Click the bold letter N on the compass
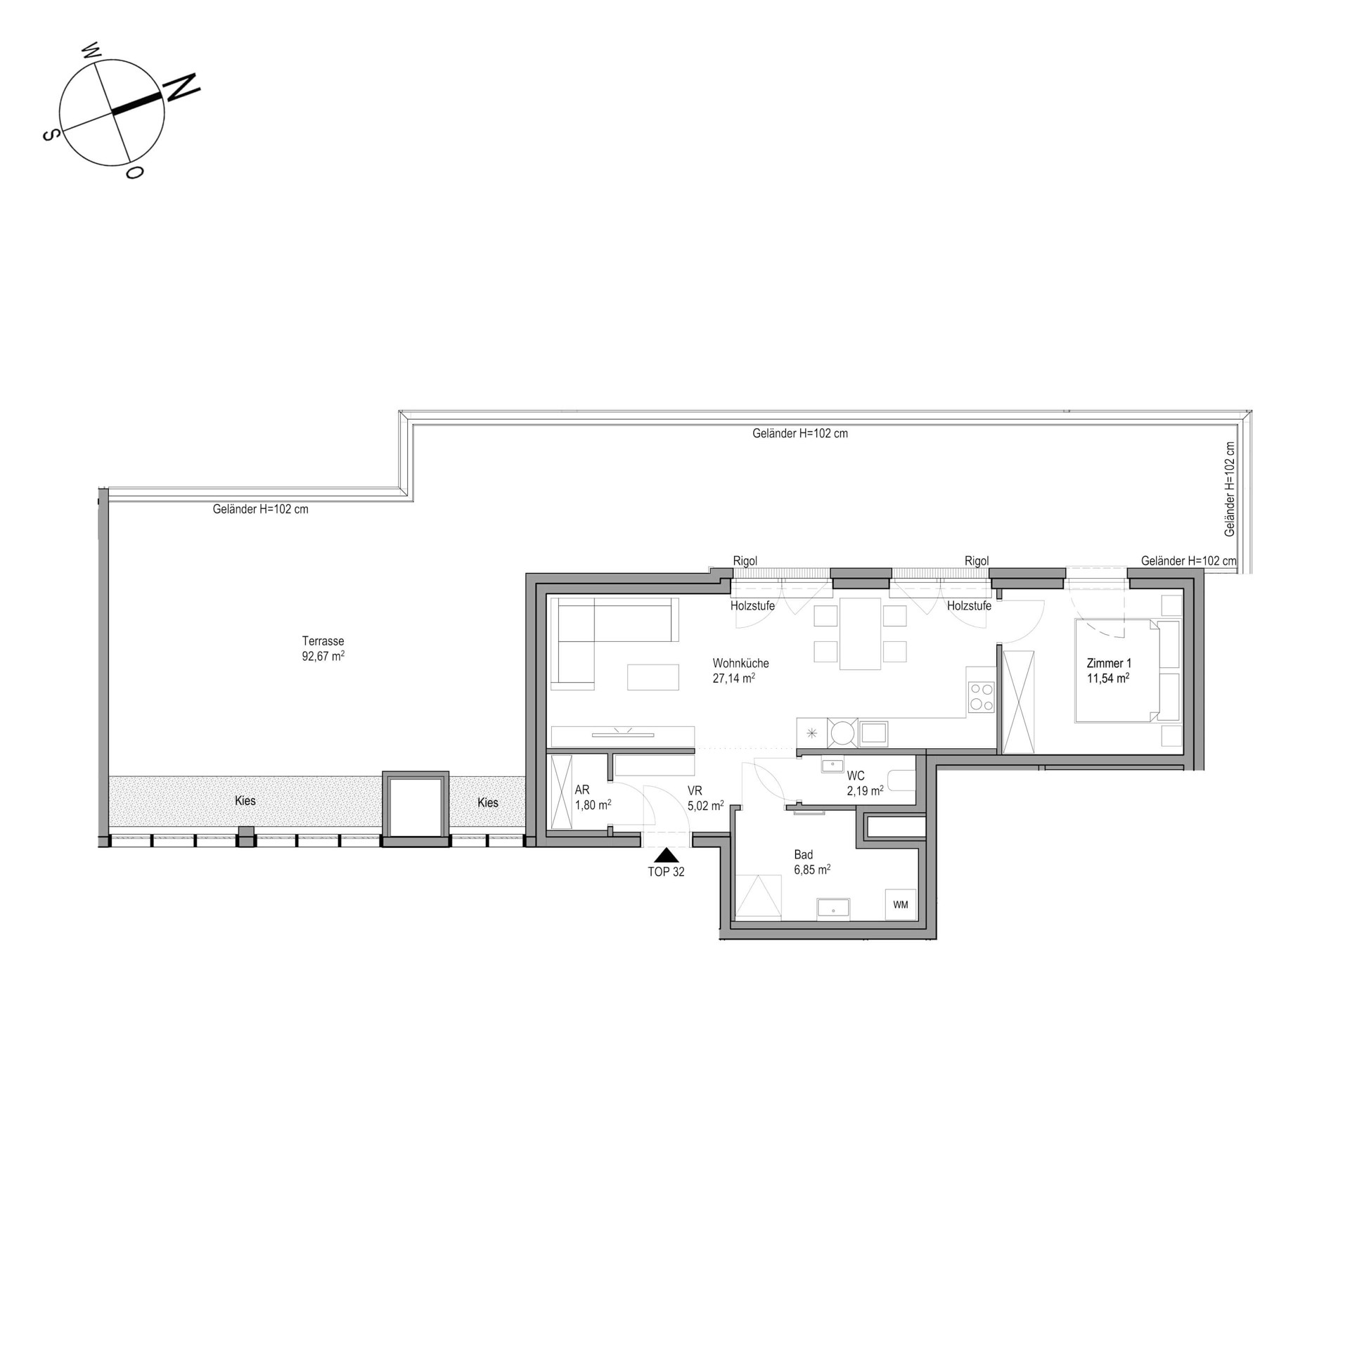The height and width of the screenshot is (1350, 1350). click(x=181, y=86)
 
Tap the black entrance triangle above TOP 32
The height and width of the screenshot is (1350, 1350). click(x=666, y=855)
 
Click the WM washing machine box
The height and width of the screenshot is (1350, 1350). click(x=901, y=905)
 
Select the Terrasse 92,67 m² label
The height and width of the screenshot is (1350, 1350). click(x=323, y=649)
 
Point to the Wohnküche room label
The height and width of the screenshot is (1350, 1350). click(x=740, y=663)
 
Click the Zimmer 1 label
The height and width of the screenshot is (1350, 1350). click(x=1109, y=663)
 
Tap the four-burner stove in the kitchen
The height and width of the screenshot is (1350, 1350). click(x=981, y=698)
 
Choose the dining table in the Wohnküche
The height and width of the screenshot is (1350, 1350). click(x=860, y=634)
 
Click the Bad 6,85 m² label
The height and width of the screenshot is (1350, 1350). click(x=812, y=862)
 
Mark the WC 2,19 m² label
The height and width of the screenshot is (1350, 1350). click(x=865, y=783)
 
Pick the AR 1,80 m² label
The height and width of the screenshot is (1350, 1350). click(x=593, y=797)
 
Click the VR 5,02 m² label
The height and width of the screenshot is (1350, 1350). click(x=705, y=798)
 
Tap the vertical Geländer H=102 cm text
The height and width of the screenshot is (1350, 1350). click(x=1230, y=489)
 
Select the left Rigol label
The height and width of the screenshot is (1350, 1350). click(x=745, y=561)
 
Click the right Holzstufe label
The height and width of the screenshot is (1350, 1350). click(x=969, y=605)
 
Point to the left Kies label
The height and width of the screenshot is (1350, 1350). click(x=245, y=801)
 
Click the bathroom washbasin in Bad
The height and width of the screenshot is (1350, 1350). click(x=833, y=908)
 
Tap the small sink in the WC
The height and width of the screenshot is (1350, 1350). click(x=833, y=764)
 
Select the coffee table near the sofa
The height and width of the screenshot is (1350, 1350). click(x=653, y=677)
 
